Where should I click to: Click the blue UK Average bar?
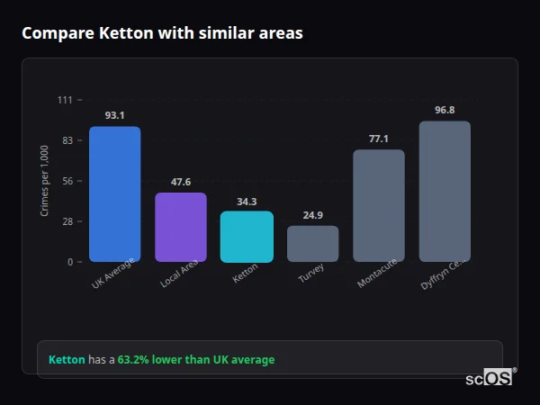point(114,194)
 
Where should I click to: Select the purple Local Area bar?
point(181,228)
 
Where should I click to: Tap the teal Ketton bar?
point(247,237)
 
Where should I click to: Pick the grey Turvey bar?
point(312,244)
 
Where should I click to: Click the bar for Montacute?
point(379,206)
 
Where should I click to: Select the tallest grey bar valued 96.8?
point(445,192)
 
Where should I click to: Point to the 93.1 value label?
point(114,115)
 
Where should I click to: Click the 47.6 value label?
point(181,182)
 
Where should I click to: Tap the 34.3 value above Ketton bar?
point(247,202)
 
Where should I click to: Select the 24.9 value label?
point(312,215)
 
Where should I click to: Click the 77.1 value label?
point(379,139)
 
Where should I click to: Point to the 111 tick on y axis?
point(65,100)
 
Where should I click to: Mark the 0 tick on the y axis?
point(69,262)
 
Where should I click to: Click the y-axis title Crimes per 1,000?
point(45,181)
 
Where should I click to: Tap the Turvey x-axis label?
point(311,274)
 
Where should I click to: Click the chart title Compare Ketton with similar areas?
point(162,33)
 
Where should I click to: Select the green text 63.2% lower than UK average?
point(196,359)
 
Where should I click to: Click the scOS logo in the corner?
point(490,378)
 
